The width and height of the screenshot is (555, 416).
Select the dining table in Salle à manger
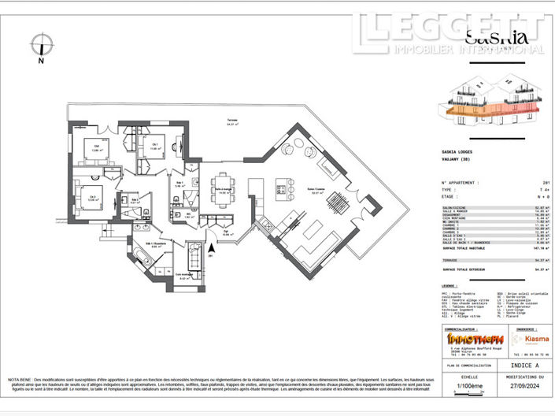click(x=224, y=190)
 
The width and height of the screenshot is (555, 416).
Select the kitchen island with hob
click(x=281, y=189)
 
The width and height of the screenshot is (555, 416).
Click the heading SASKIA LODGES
click(x=461, y=152)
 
